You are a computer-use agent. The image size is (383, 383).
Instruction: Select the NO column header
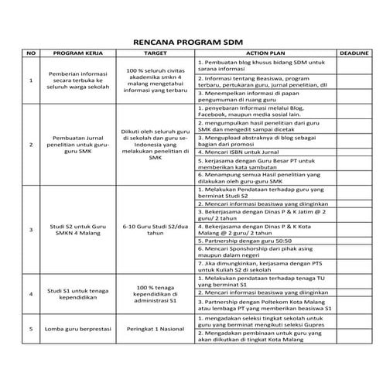tap(31, 53)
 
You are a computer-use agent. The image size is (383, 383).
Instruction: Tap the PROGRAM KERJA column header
tap(78, 53)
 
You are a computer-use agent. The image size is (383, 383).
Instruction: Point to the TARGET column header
tap(156, 53)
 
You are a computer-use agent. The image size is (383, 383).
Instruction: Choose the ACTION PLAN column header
tap(265, 53)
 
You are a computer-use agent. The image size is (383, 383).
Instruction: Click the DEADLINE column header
tap(354, 53)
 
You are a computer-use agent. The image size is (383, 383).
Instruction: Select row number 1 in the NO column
tap(31, 80)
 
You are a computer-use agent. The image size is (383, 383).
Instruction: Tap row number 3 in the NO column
tap(31, 229)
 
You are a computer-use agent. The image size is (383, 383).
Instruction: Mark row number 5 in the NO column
tap(31, 328)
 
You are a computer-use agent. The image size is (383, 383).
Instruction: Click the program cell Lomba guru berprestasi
tap(78, 328)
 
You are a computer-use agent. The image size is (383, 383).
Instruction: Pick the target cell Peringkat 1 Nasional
tap(156, 328)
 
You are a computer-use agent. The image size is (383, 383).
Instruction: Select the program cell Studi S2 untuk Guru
tap(78, 229)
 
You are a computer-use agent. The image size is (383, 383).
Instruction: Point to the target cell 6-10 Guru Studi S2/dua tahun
tap(156, 229)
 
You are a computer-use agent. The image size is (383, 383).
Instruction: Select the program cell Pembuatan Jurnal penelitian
tap(78, 144)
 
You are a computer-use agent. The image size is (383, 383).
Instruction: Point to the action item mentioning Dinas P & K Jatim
tap(264, 211)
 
